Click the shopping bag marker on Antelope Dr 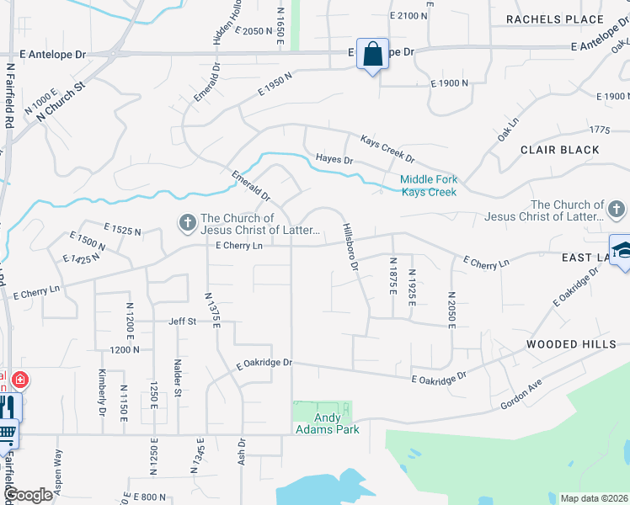pyautogui.click(x=371, y=55)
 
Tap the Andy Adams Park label pyautogui.click(x=328, y=423)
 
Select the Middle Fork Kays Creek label pyautogui.click(x=428, y=185)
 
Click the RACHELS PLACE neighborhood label pyautogui.click(x=554, y=19)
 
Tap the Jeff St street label pyautogui.click(x=182, y=321)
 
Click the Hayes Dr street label pyautogui.click(x=334, y=159)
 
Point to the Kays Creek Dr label pyautogui.click(x=387, y=149)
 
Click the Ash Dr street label pyautogui.click(x=242, y=453)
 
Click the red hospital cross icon pyautogui.click(x=19, y=380)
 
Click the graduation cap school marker pyautogui.click(x=621, y=250)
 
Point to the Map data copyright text pyautogui.click(x=594, y=497)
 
